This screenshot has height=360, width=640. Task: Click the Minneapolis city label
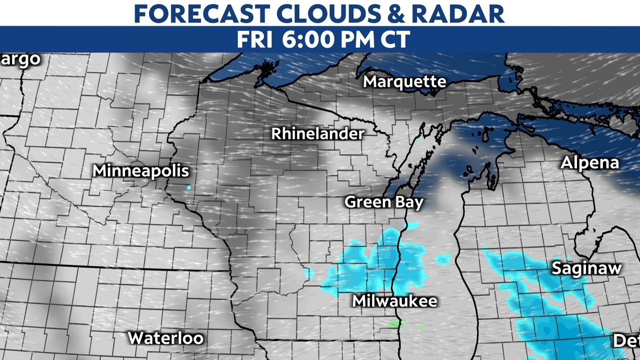[x=141, y=171]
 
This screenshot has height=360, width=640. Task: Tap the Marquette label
[x=404, y=81]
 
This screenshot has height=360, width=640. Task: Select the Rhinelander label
[x=317, y=134]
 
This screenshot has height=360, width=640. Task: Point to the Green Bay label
[x=384, y=202]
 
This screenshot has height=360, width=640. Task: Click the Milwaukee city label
[x=394, y=301]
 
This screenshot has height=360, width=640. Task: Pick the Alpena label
[x=589, y=163]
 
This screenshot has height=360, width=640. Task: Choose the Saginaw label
[x=586, y=268]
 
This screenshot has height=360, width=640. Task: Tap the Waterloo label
[x=165, y=338]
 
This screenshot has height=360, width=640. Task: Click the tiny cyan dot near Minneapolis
[x=188, y=187]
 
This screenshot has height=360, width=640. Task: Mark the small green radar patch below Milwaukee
[x=396, y=323]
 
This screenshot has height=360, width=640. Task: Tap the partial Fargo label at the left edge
[x=19, y=59]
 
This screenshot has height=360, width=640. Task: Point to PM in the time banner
[x=351, y=39]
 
